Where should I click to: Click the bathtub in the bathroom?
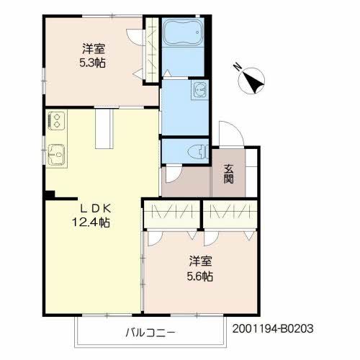[183, 32]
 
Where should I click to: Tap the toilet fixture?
[198, 152]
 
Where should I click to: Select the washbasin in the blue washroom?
[199, 89]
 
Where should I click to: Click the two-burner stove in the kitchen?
[56, 121]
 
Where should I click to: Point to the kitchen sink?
[56, 154]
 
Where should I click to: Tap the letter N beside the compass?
[238, 66]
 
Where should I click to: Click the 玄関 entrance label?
[228, 174]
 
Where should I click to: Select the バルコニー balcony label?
[150, 333]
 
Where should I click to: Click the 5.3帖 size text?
[93, 63]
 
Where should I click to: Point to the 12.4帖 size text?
[91, 222]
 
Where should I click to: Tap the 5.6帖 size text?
[200, 276]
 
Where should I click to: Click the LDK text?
[95, 209]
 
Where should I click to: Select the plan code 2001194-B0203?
[273, 328]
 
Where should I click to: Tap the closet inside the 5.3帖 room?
[152, 49]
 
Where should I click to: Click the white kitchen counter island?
[104, 129]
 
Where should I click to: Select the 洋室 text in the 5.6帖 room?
[200, 261]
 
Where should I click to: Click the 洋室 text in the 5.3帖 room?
[94, 48]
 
